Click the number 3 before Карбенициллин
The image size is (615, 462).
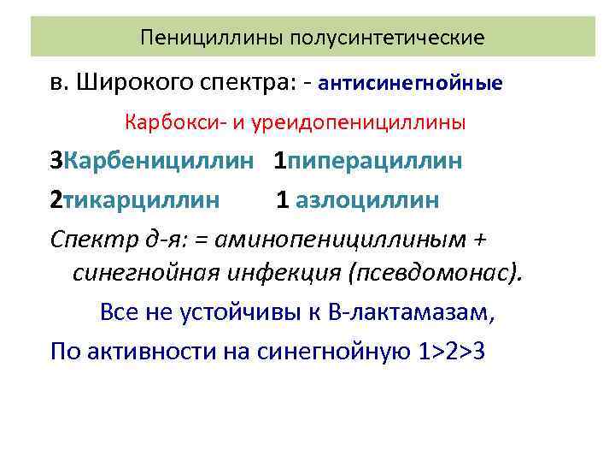(56, 161)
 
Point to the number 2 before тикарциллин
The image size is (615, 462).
(56, 199)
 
